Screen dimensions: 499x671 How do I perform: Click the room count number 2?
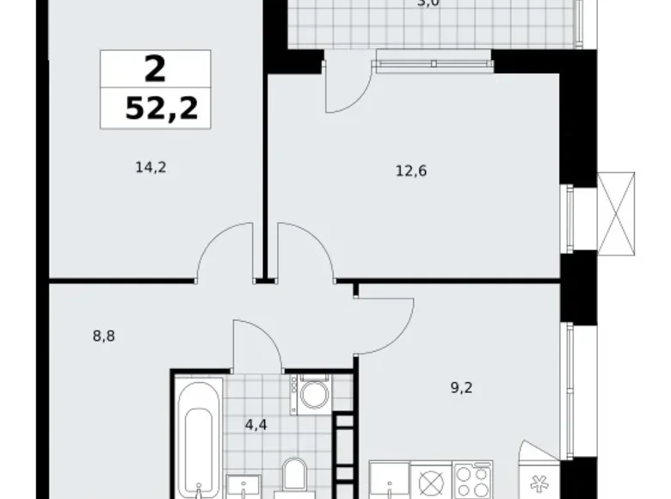click(x=155, y=68)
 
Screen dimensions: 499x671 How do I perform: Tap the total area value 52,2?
click(x=155, y=108)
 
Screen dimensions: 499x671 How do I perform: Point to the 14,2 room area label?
click(x=150, y=168)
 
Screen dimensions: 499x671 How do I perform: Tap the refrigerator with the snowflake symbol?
click(x=540, y=477)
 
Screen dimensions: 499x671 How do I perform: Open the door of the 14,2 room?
click(x=225, y=253)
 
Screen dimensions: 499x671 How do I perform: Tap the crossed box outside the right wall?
click(x=616, y=213)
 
